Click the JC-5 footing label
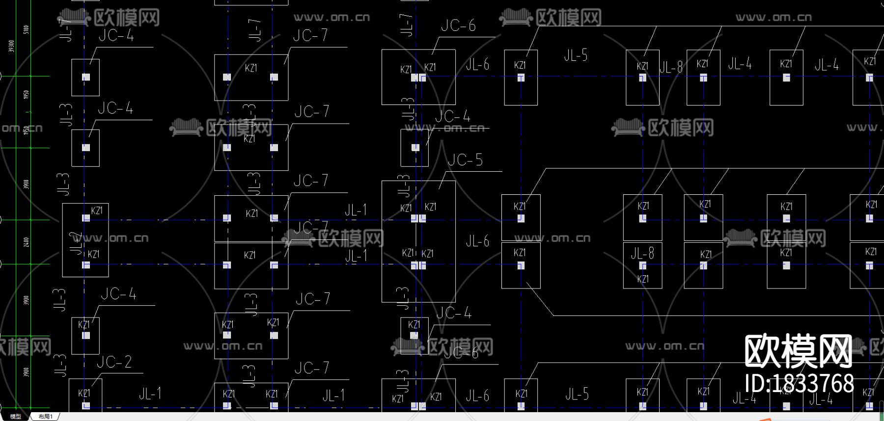(x=465, y=160)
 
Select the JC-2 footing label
(x=114, y=362)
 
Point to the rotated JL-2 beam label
(x=76, y=243)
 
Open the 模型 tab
(x=16, y=417)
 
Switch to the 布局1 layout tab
(x=45, y=417)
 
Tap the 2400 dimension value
(x=26, y=242)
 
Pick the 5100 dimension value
(x=26, y=29)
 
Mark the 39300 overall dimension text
(x=11, y=46)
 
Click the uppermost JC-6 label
(x=458, y=26)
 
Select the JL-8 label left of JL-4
(x=671, y=67)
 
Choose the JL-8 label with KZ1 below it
(x=642, y=254)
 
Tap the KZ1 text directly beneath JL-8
(x=643, y=279)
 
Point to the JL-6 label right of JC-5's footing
(x=477, y=241)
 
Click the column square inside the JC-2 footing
(x=86, y=405)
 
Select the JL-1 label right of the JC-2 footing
(x=150, y=394)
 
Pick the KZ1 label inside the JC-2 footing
(x=84, y=394)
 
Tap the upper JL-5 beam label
(x=576, y=55)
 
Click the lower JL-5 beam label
(x=577, y=394)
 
